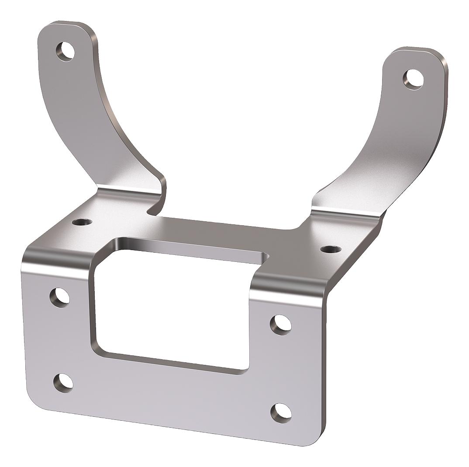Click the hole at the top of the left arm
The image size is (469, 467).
tap(66, 51)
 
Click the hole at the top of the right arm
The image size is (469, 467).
tap(413, 79)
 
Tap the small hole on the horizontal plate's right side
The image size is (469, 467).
tap(331, 249)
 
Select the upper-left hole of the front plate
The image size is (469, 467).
tap(59, 297)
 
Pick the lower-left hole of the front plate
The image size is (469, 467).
tap(63, 382)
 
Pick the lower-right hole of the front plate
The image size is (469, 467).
tap(281, 412)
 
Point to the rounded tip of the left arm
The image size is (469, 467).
tap(66, 26)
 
